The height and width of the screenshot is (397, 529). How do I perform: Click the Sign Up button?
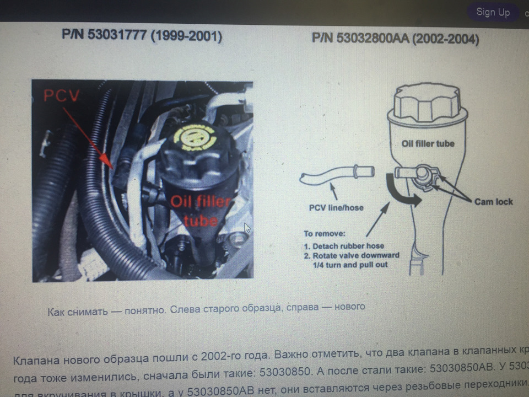pos(493,12)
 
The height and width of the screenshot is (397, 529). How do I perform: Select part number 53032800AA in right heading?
pos(374,39)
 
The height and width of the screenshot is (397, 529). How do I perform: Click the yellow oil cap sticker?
pos(193,138)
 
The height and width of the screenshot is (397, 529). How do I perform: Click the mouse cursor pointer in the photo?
pos(247,228)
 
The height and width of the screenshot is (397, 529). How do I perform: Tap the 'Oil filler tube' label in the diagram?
pos(428,143)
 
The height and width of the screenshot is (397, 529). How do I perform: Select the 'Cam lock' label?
pos(493,202)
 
